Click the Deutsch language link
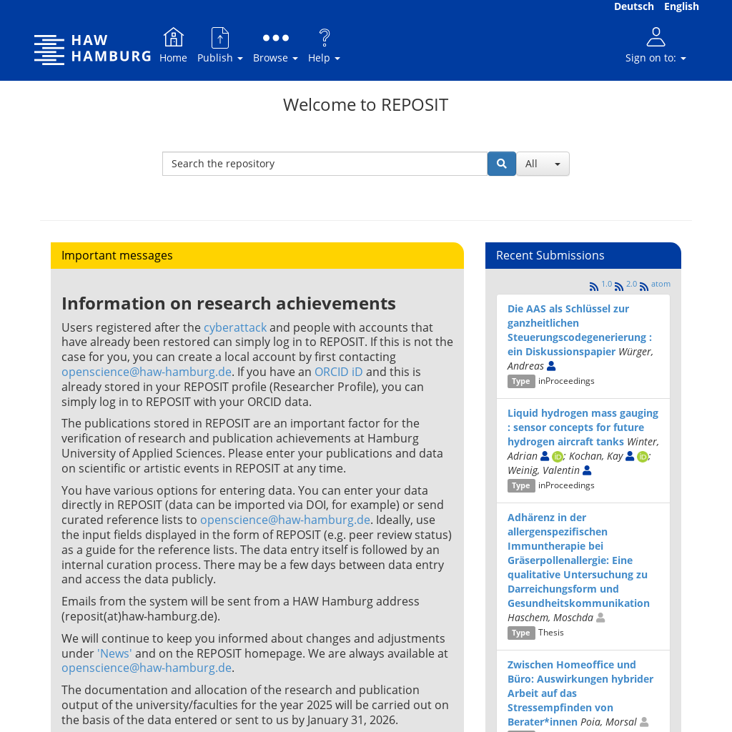point(633,6)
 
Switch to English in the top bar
point(681,6)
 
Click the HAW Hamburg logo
point(92,49)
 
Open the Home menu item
point(173,46)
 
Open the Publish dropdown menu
point(219,46)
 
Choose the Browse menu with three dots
point(275,46)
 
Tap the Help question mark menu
point(324,46)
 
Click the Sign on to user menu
point(656,46)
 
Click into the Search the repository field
point(325,164)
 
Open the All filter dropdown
point(543,164)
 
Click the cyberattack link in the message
point(235,327)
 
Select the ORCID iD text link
point(338,372)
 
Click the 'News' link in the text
point(114,653)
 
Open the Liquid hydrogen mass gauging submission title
point(583,427)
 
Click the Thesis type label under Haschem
point(550,633)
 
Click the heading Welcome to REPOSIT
point(365,104)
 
